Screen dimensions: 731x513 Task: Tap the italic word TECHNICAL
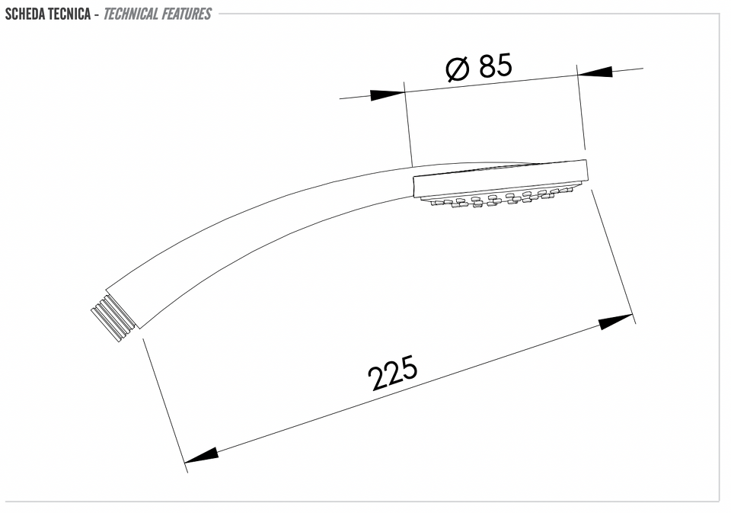click(131, 14)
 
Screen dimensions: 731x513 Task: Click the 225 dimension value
click(393, 373)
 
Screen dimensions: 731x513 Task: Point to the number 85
click(496, 66)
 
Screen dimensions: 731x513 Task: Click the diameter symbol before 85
click(457, 69)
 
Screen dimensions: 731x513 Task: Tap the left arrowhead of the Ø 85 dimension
click(388, 95)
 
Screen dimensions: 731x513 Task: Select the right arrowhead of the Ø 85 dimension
click(595, 72)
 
